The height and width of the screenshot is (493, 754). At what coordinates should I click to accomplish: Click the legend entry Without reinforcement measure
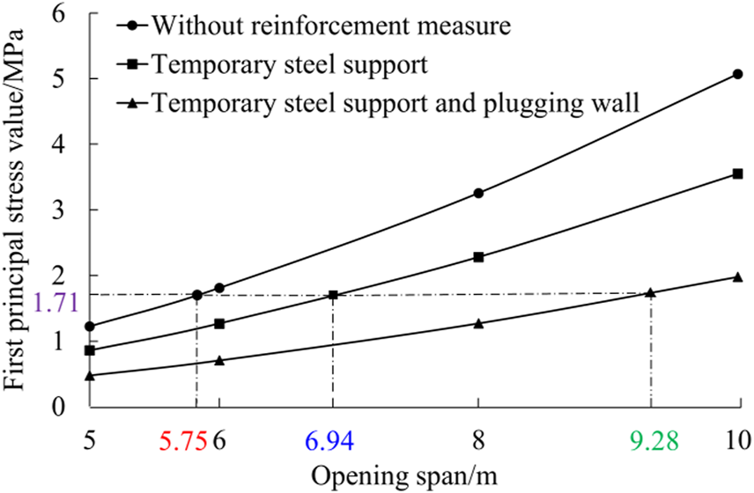click(330, 25)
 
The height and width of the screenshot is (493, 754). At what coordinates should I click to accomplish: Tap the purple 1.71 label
click(56, 304)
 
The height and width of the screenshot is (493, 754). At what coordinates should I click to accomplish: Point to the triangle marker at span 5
click(89, 376)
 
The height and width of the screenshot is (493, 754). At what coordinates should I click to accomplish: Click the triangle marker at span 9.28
click(650, 292)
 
